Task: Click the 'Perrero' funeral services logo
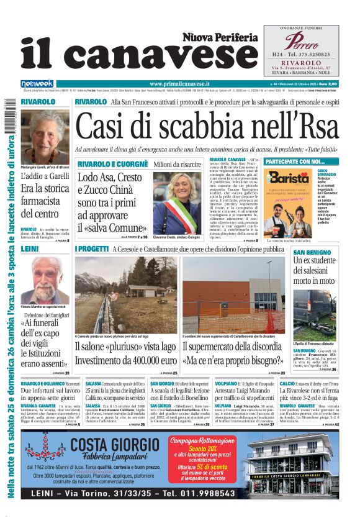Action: coord(300,42)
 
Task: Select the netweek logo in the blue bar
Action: coord(37,84)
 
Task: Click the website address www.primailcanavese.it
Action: coord(180,84)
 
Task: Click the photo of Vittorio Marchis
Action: coord(45,280)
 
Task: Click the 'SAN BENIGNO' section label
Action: coord(310,252)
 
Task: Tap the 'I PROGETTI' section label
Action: coord(91,249)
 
